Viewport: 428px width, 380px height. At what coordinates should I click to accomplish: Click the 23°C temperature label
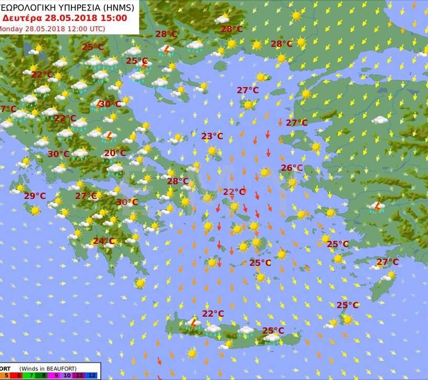point(212,136)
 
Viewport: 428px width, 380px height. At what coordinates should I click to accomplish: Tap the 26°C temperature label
point(292,168)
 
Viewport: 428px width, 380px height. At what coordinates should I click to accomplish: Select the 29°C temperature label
point(35,196)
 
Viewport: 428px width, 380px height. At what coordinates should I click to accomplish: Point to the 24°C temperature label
point(103,241)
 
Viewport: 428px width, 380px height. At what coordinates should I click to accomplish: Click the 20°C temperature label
point(115,153)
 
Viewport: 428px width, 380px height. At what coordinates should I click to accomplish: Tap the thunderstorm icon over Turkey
point(376,208)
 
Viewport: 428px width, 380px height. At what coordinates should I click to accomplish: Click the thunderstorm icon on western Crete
point(194,324)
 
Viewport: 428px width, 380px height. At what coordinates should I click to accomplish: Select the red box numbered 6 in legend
point(19,375)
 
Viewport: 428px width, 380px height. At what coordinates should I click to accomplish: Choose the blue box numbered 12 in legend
point(92,375)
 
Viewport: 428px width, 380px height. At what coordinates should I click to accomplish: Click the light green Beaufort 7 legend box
point(31,375)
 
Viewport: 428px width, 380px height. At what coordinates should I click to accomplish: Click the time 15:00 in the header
point(114,18)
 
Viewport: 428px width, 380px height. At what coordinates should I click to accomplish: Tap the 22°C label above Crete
point(213,314)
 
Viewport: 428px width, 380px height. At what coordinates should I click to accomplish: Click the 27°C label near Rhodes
point(387,262)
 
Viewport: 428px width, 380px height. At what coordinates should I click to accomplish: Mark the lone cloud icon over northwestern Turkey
point(380,120)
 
